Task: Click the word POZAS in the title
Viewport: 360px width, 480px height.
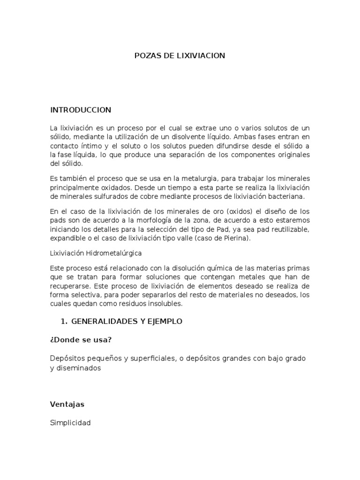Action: [x=147, y=56]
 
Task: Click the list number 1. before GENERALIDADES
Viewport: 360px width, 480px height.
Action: [x=65, y=322]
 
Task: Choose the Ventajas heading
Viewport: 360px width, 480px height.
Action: [x=67, y=404]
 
